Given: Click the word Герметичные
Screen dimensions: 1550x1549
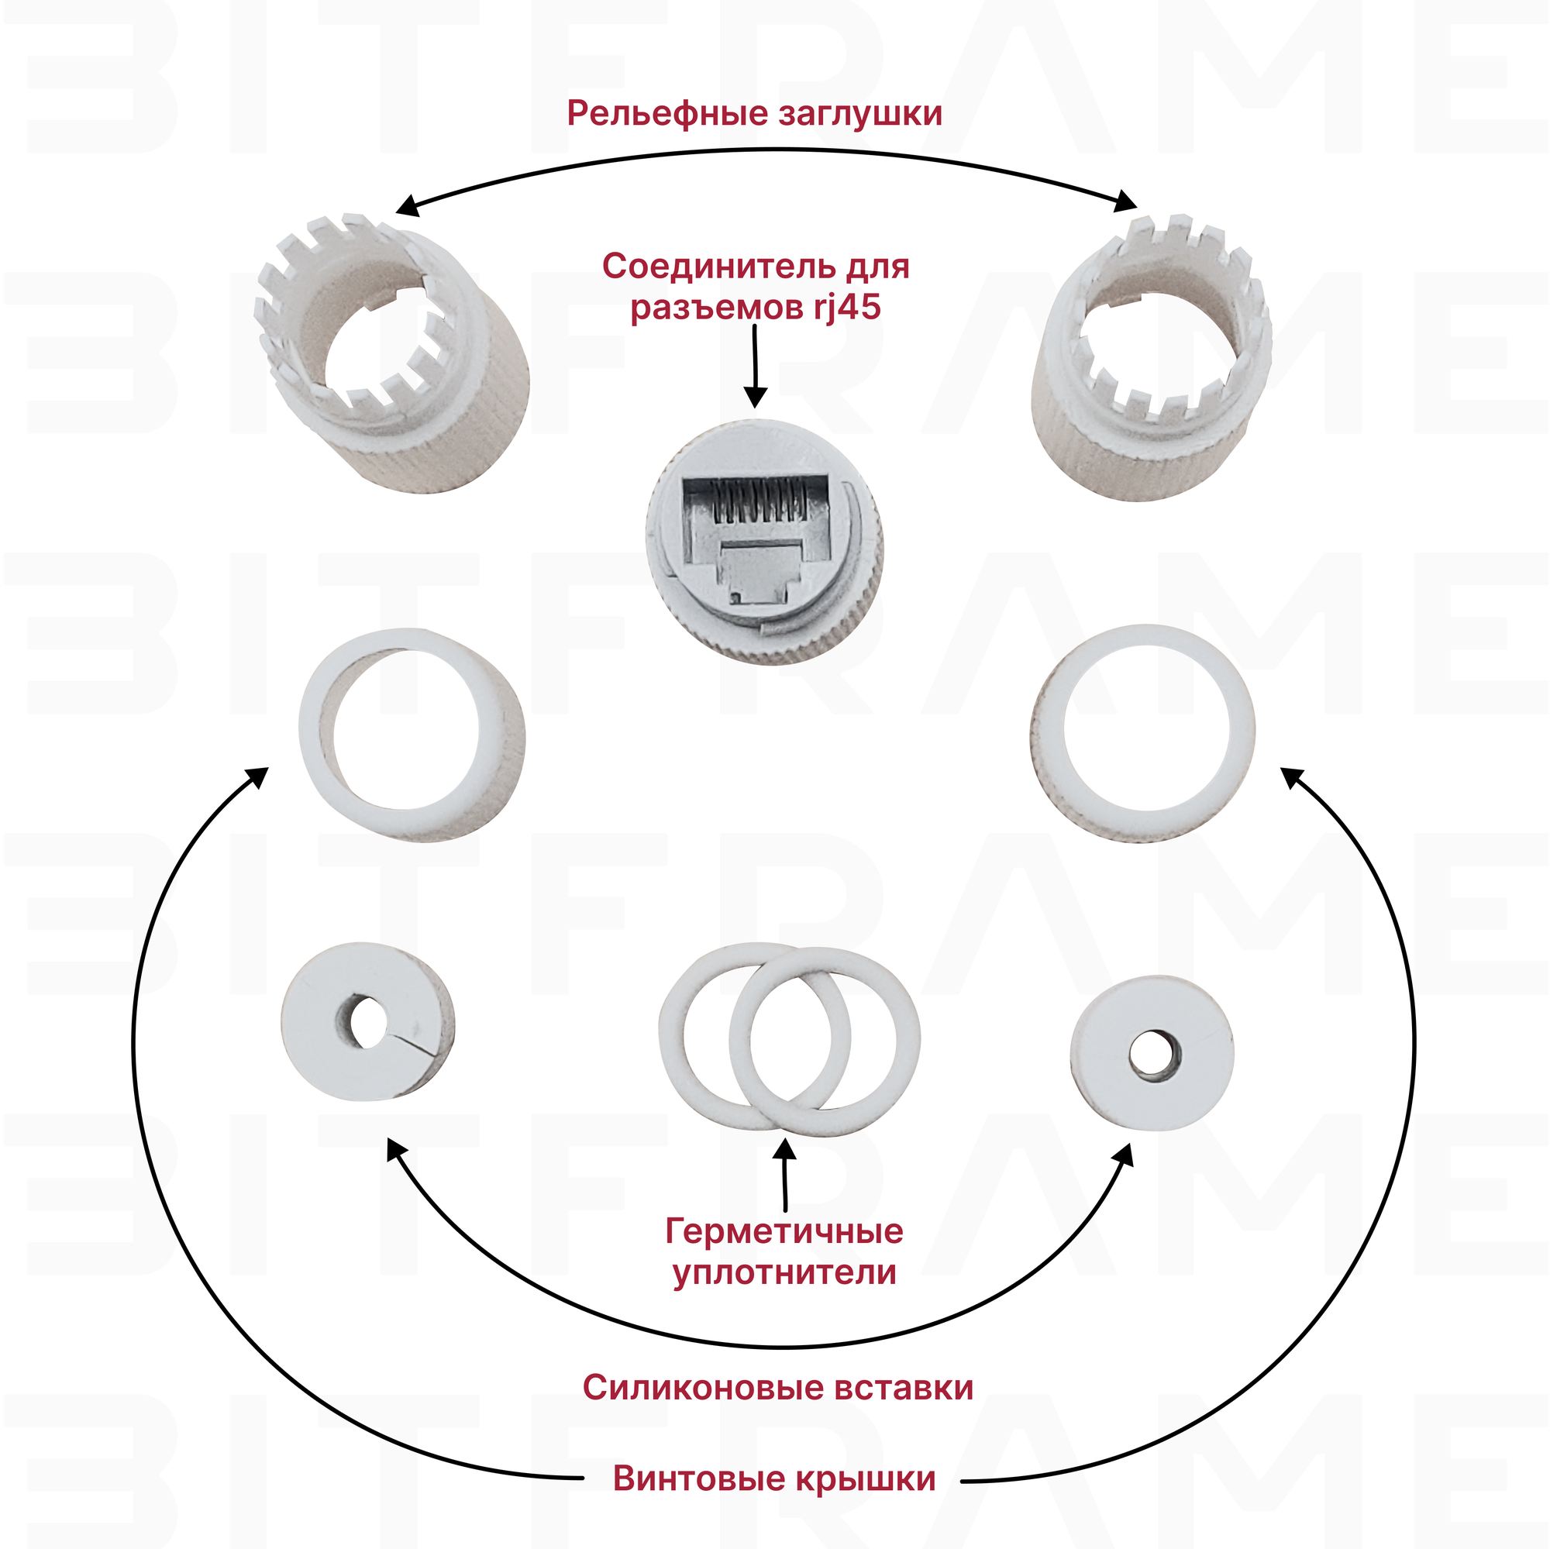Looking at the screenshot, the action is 784,1231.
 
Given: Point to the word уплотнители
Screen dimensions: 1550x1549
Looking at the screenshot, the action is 784,1272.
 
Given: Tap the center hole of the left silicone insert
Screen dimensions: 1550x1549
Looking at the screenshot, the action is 367,1021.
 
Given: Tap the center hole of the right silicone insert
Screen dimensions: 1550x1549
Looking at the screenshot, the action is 1152,1052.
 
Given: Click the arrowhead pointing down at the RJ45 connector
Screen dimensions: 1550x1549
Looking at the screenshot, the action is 755,397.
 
